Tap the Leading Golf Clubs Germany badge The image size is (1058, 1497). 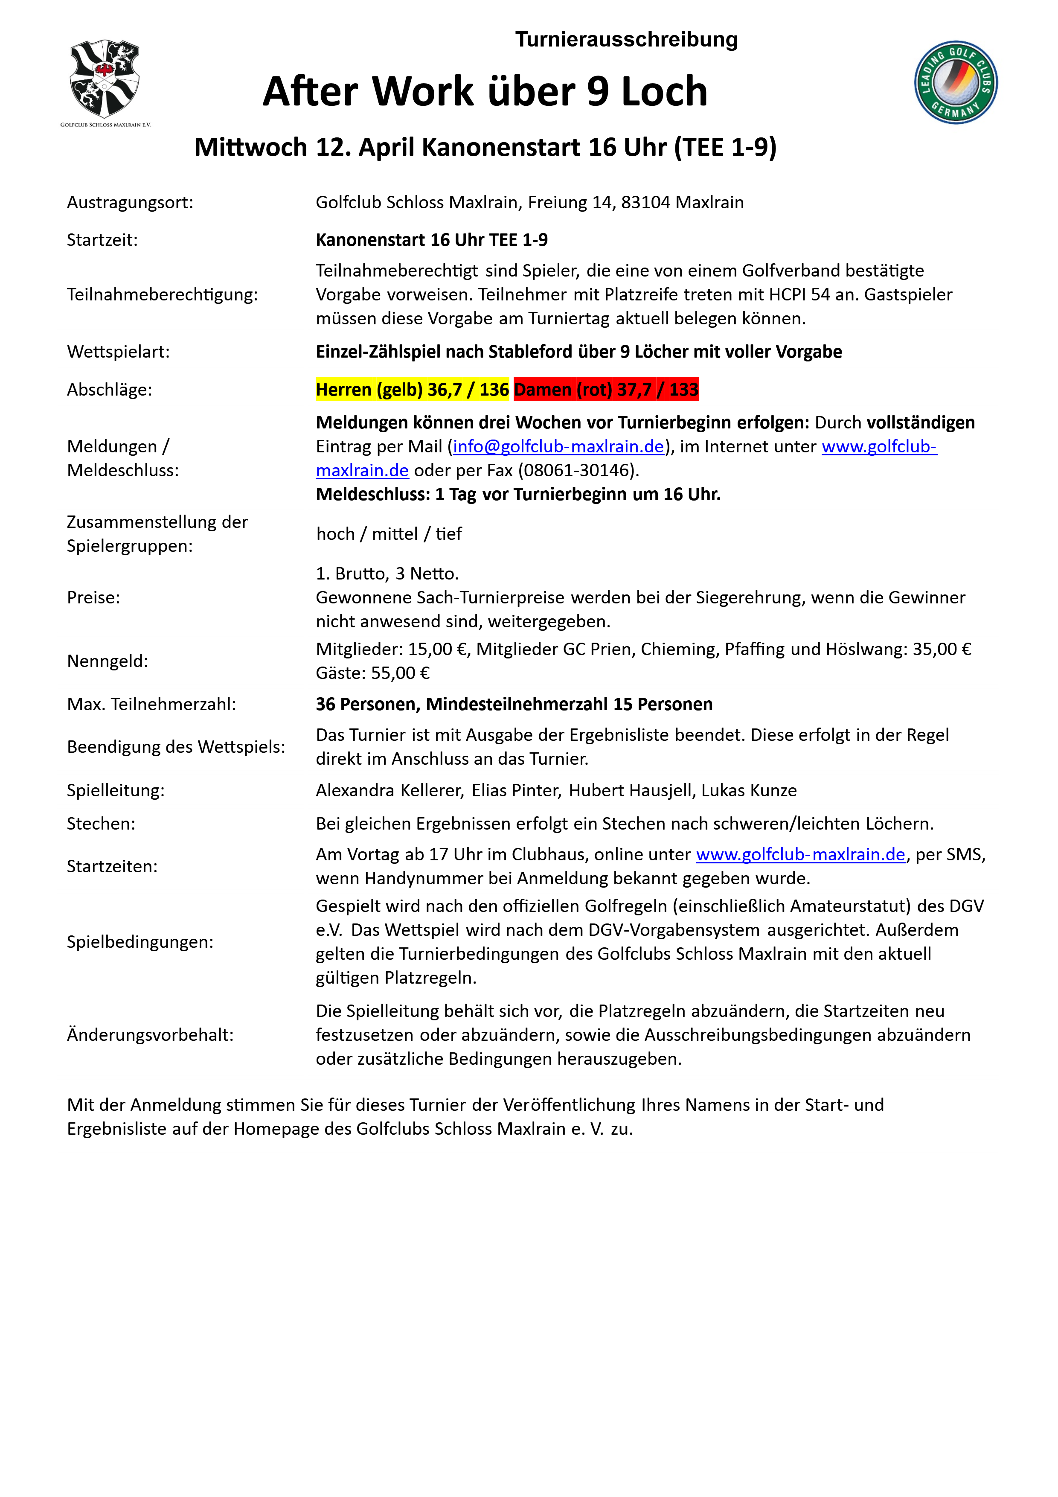(955, 82)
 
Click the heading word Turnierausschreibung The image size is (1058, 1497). (626, 40)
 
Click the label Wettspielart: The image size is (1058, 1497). (118, 352)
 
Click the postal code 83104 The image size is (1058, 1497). (645, 203)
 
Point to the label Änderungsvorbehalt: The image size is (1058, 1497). (150, 1035)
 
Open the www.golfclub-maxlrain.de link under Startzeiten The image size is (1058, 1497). (800, 855)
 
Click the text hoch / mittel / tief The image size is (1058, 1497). (389, 534)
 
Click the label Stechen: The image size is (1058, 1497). (101, 824)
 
